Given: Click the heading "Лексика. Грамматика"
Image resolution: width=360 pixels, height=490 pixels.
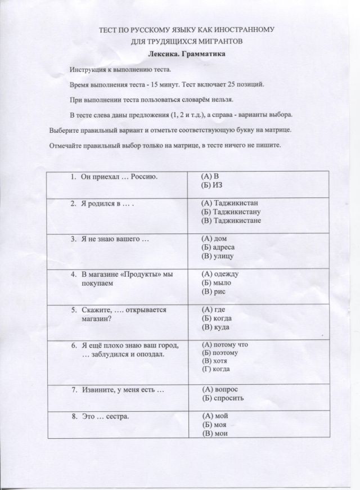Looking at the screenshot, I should [186, 55].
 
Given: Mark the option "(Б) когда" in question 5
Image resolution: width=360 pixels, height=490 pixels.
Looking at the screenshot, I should [216, 318].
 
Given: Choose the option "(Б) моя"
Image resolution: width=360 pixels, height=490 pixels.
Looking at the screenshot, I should [213, 425].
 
